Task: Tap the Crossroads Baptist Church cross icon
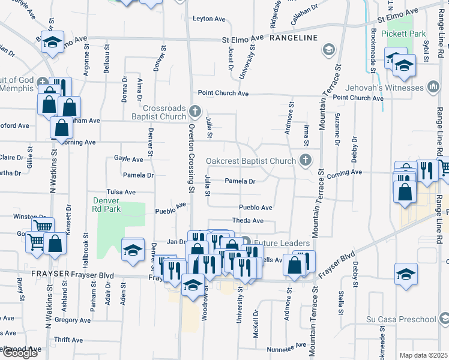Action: pyautogui.click(x=194, y=110)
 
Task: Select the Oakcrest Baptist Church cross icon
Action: pyautogui.click(x=306, y=160)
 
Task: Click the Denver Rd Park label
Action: pyautogui.click(x=107, y=205)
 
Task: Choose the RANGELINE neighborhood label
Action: pyautogui.click(x=293, y=38)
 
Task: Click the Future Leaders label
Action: pyautogui.click(x=282, y=243)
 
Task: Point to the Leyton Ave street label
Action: pyautogui.click(x=208, y=19)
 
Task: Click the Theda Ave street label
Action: pyautogui.click(x=248, y=221)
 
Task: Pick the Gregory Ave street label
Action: pyautogui.click(x=72, y=320)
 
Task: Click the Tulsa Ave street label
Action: pyautogui.click(x=121, y=192)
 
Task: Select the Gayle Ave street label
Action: pyautogui.click(x=128, y=159)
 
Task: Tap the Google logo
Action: pyautogui.click(x=20, y=353)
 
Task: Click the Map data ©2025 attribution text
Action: pyautogui.click(x=423, y=355)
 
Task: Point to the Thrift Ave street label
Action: pyautogui.click(x=68, y=340)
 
